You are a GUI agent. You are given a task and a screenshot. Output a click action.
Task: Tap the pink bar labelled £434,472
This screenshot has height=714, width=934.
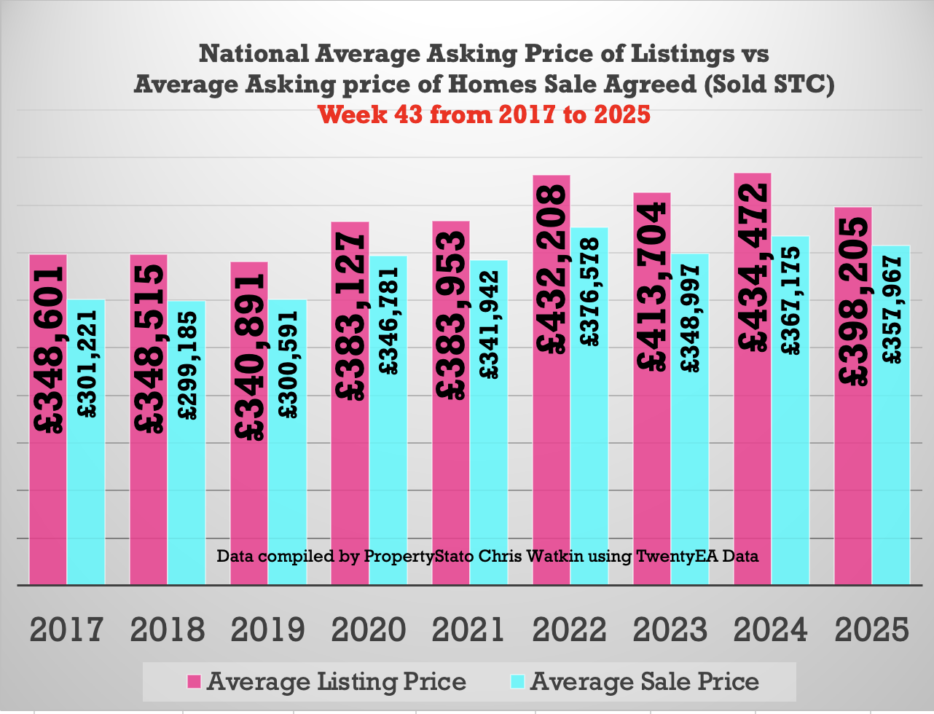(x=753, y=466)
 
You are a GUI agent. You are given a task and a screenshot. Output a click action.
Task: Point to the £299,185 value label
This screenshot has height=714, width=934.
(x=187, y=365)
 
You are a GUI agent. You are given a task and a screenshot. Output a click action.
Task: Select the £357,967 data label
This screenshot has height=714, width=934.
(x=892, y=310)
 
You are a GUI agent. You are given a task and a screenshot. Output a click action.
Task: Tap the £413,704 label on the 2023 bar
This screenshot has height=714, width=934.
(x=651, y=286)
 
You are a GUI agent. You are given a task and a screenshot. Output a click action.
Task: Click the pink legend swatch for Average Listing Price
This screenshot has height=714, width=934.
(x=194, y=682)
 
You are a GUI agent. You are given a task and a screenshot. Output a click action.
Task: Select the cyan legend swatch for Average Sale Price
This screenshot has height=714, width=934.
(x=517, y=682)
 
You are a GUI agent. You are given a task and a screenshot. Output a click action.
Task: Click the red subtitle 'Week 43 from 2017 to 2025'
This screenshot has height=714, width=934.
(x=484, y=114)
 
